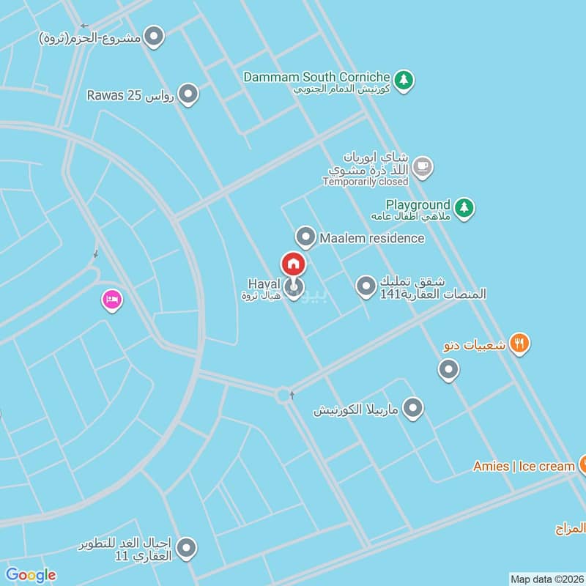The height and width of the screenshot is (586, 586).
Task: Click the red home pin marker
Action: pyautogui.click(x=293, y=264)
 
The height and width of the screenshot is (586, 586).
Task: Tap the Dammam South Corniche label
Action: pyautogui.click(x=316, y=76)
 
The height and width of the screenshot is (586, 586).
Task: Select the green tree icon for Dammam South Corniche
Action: pyautogui.click(x=403, y=80)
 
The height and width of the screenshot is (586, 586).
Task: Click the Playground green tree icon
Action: pyautogui.click(x=463, y=208)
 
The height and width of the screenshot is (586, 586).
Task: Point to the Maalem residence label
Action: pyautogui.click(x=371, y=238)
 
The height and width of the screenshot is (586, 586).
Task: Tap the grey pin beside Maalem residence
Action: pyautogui.click(x=305, y=237)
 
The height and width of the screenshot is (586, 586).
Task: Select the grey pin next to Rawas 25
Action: pyautogui.click(x=189, y=94)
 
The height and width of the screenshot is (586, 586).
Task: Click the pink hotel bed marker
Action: pyautogui.click(x=111, y=300)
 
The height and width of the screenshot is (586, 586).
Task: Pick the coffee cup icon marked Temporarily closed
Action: pyautogui.click(x=422, y=167)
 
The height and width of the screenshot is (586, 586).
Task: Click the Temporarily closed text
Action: pyautogui.click(x=365, y=182)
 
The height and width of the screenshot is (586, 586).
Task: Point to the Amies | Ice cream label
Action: pyautogui.click(x=524, y=466)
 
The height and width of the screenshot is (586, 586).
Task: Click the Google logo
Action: pyautogui.click(x=31, y=575)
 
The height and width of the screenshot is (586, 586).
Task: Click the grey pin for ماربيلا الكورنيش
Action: pyautogui.click(x=413, y=408)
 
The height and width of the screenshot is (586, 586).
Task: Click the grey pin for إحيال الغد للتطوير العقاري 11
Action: pyautogui.click(x=187, y=547)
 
